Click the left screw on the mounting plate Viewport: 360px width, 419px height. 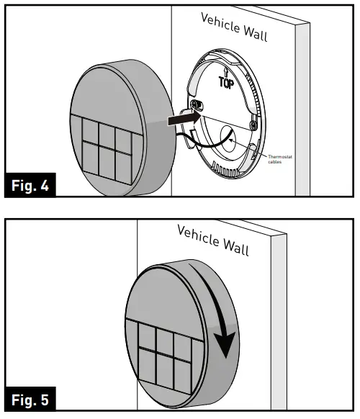[196, 107]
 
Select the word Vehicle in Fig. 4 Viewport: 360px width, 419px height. [222, 23]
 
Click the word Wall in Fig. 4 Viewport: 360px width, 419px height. [256, 33]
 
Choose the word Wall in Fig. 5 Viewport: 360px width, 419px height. [235, 247]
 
